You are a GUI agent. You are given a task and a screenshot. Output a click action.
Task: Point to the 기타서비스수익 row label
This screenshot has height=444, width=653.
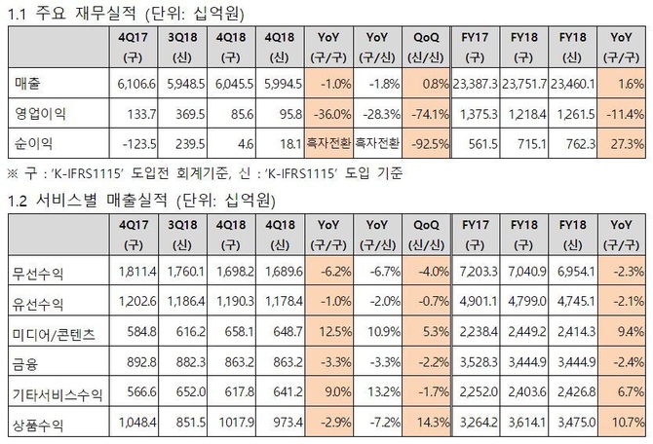57,395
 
